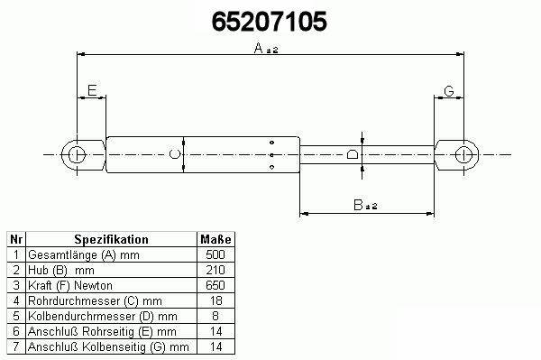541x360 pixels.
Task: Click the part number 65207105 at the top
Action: pyautogui.click(x=269, y=22)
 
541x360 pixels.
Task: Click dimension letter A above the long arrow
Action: pyautogui.click(x=259, y=48)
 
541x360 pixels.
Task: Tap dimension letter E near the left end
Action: pyautogui.click(x=92, y=90)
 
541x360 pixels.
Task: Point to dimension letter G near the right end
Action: pyautogui.click(x=448, y=91)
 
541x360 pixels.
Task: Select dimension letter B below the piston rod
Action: pyautogui.click(x=358, y=205)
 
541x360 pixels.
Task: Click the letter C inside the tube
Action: pyautogui.click(x=175, y=154)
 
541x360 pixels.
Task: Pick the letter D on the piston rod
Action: pyautogui.click(x=353, y=154)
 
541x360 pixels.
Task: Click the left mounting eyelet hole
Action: pyautogui.click(x=77, y=155)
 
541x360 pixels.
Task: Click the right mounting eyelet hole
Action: pyautogui.click(x=463, y=154)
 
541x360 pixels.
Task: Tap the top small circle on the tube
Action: pyautogui.click(x=272, y=143)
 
